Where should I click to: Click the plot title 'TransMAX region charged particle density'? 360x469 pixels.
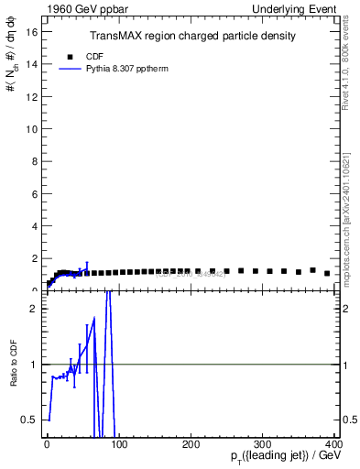point(191,37)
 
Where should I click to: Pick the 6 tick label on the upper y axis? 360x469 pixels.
point(34,193)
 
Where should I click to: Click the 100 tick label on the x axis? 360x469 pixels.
point(119,445)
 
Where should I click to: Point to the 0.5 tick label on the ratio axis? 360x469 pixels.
point(30,420)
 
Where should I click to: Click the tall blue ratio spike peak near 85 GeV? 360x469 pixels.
point(108,293)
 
